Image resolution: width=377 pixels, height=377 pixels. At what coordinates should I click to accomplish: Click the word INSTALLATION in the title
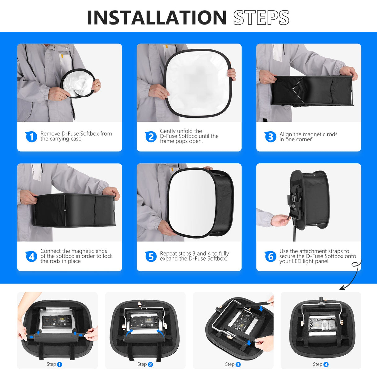click(157, 18)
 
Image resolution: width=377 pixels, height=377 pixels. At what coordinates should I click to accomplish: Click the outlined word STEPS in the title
click(261, 18)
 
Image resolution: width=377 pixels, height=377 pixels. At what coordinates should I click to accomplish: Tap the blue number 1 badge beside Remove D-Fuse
click(31, 137)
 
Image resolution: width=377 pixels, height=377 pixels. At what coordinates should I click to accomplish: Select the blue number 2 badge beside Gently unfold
click(151, 137)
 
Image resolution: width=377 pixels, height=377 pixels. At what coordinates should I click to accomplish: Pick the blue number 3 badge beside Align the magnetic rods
click(270, 137)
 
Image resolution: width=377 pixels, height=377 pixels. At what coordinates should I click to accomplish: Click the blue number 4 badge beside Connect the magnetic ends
click(31, 257)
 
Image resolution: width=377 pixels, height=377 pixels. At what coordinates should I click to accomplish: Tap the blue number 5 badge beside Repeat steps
click(151, 257)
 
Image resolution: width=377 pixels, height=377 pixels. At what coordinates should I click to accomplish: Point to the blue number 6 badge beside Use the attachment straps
click(270, 257)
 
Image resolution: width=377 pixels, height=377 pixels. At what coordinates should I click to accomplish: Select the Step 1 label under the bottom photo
click(54, 364)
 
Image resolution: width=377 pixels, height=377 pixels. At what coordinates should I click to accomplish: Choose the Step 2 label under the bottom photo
click(145, 364)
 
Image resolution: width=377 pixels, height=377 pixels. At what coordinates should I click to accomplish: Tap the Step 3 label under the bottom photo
click(233, 364)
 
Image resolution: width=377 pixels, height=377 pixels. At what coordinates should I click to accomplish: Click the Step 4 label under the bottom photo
click(320, 364)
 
